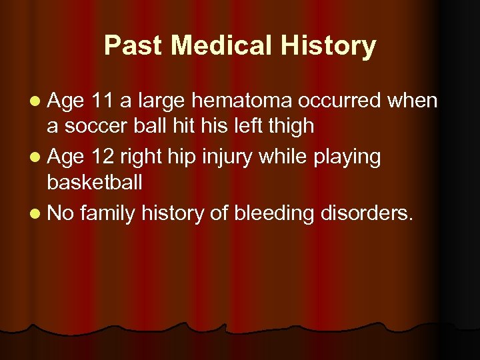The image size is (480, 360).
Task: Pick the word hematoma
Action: click(242, 101)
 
